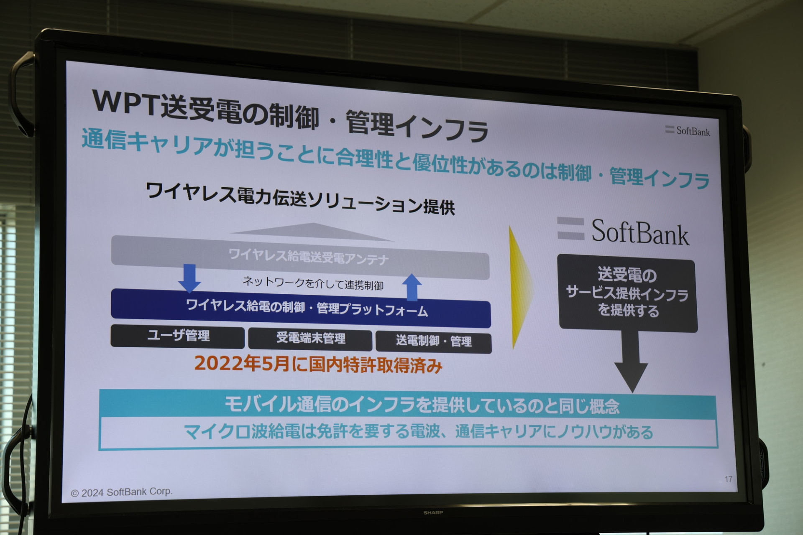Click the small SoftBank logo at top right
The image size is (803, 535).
click(x=688, y=131)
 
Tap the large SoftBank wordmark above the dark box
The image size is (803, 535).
click(x=624, y=231)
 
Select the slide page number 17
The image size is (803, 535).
click(x=728, y=479)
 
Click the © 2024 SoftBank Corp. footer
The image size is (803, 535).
click(x=121, y=492)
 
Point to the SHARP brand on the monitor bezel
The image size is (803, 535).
click(x=433, y=512)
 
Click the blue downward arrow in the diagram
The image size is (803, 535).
click(x=189, y=278)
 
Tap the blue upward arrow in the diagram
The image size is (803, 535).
click(x=412, y=288)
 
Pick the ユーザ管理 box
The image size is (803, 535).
click(x=178, y=336)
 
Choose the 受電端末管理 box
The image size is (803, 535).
click(x=310, y=339)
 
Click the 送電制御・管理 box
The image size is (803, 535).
click(x=434, y=341)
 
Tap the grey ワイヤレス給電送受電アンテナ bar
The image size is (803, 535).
click(x=300, y=257)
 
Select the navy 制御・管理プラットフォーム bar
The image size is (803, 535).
click(x=301, y=308)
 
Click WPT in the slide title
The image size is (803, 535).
click(x=125, y=102)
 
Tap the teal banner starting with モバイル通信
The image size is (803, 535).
click(x=408, y=405)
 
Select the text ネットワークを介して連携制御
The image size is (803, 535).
click(x=313, y=283)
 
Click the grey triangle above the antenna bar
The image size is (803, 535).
click(x=312, y=232)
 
